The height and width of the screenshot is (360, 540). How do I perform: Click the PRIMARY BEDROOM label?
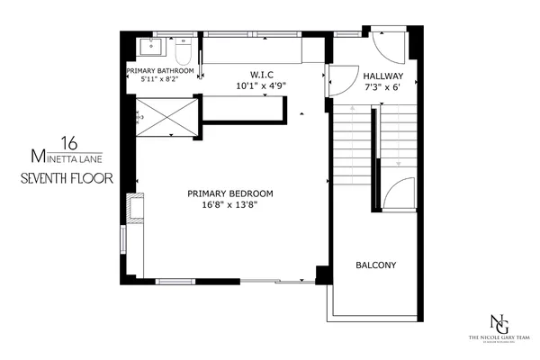[x=229, y=193]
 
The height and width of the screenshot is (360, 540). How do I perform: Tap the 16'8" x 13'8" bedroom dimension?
[x=229, y=205]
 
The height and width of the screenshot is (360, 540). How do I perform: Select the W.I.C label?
[x=261, y=76]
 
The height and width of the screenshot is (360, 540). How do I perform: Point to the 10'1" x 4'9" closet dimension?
[x=261, y=87]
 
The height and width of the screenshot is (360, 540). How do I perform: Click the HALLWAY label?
[x=382, y=76]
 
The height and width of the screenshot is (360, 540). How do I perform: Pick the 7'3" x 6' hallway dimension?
[x=382, y=87]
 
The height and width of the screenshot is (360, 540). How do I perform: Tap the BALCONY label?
[x=376, y=265]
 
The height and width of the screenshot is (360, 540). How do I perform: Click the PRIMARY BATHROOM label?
[x=160, y=69]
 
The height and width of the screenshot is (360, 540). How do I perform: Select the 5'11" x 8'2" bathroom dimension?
[x=160, y=79]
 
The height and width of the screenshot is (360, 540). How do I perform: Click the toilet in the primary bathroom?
[x=183, y=52]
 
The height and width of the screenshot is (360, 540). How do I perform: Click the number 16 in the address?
[x=68, y=141]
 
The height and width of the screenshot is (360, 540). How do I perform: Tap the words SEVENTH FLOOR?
[x=67, y=178]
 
